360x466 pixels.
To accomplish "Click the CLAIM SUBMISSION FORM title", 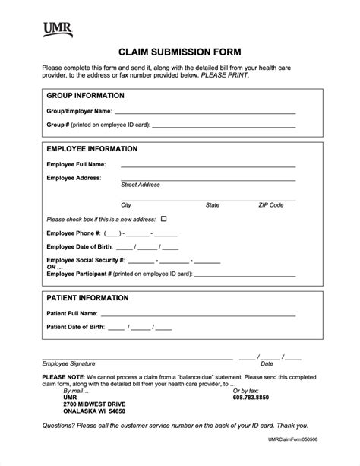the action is click(x=179, y=52).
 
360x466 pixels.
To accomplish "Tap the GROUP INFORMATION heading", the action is click(x=86, y=96).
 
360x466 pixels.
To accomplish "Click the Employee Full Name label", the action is click(x=76, y=164).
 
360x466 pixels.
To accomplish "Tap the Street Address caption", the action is click(x=141, y=185).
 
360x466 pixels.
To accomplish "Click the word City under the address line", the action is click(x=126, y=205).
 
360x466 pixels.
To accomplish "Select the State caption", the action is click(x=213, y=205).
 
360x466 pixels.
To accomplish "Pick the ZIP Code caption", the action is click(x=271, y=205).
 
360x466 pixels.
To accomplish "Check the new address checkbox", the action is click(x=163, y=219).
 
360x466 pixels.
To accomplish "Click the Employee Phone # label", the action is click(x=73, y=233).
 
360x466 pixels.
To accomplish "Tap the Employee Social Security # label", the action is click(x=86, y=260).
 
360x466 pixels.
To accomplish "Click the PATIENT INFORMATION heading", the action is click(x=88, y=298).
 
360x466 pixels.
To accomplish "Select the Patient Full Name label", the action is click(x=71, y=313).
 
